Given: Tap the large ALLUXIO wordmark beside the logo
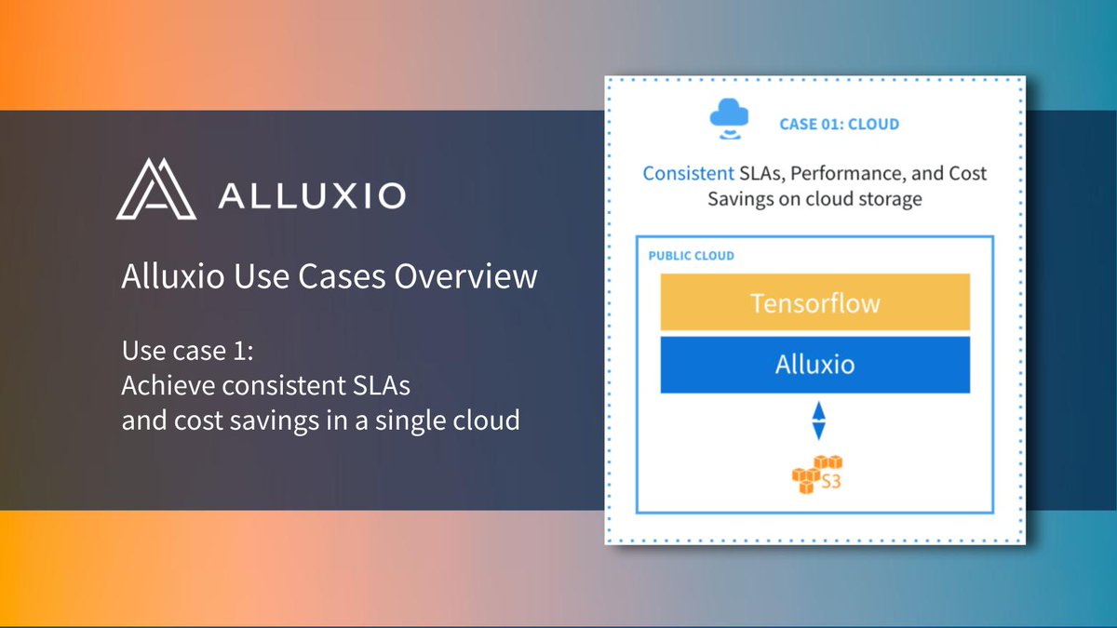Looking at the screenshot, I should coord(311,195).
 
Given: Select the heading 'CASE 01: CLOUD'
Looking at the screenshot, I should coord(839,124).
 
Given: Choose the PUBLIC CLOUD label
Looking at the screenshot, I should coord(691,256).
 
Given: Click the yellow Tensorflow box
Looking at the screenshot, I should coord(814,303).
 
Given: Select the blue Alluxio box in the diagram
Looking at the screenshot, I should coord(814,364).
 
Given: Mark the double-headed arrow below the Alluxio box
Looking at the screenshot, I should coord(817,420).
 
